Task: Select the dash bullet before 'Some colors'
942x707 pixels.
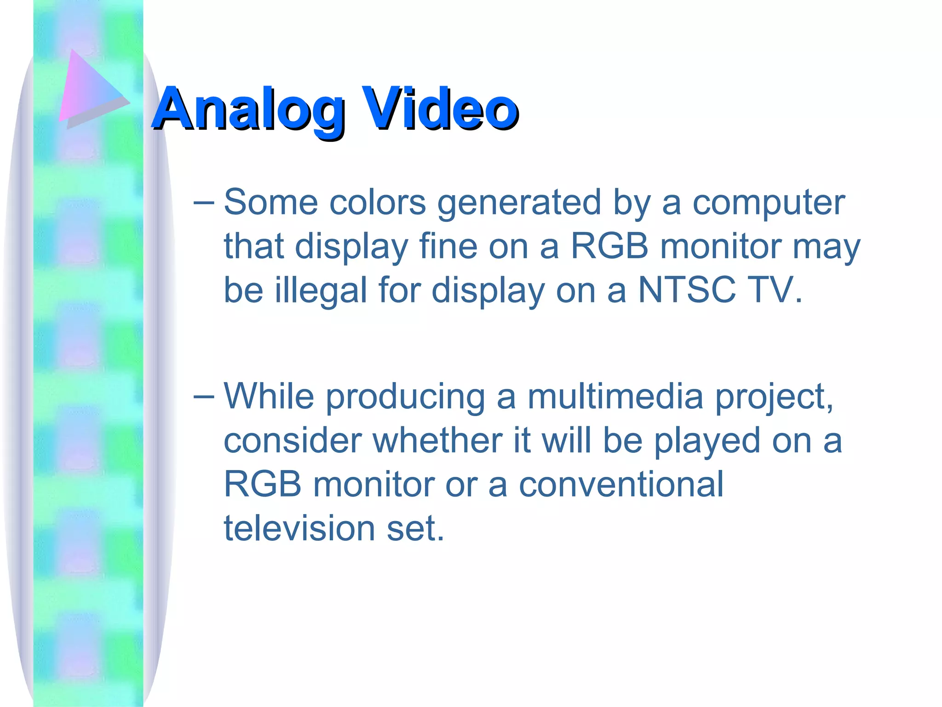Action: click(x=203, y=202)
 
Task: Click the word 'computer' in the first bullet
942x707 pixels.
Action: click(x=769, y=203)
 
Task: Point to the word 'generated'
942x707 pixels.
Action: click(x=519, y=203)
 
